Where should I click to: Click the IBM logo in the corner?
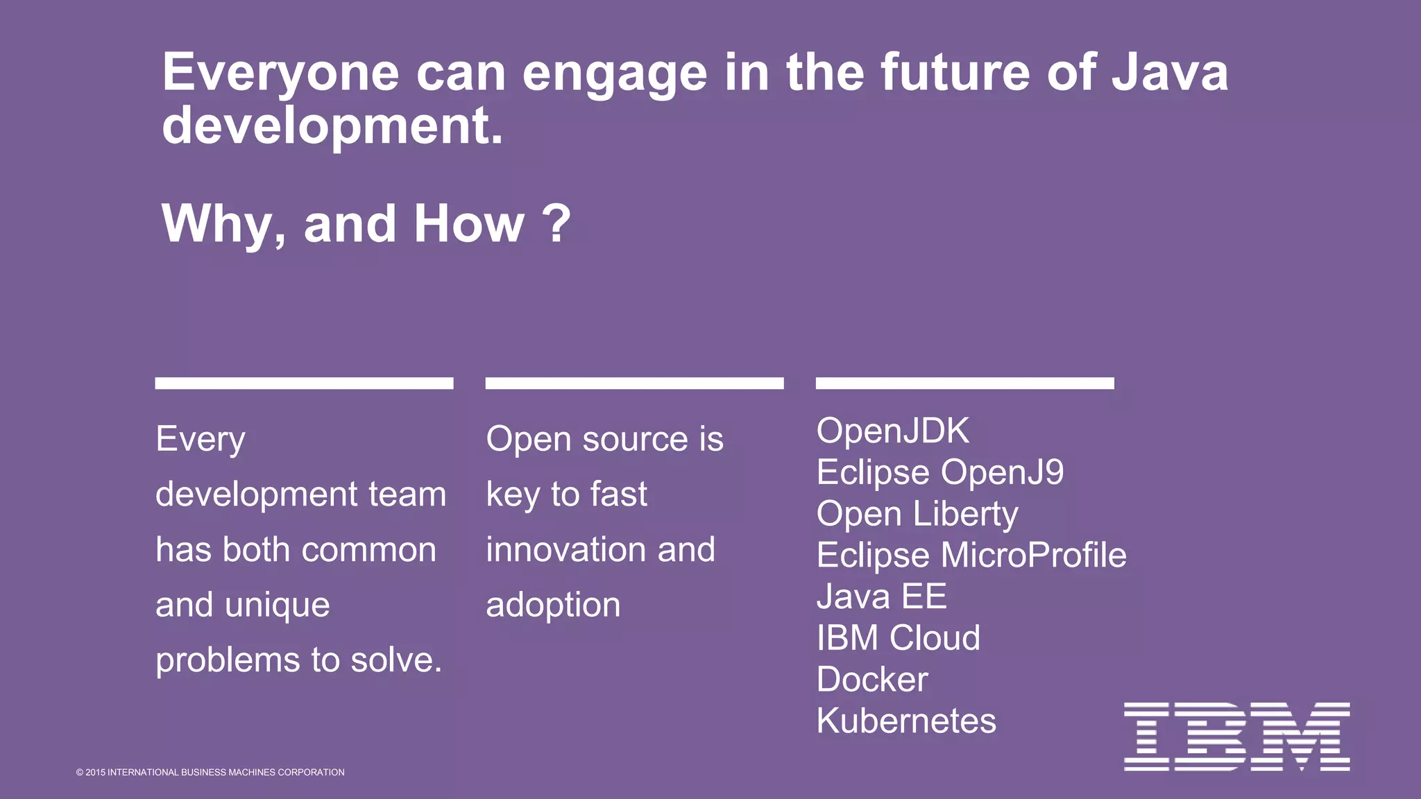click(x=1236, y=737)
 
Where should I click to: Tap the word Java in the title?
click(x=1170, y=72)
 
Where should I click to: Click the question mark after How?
click(x=556, y=223)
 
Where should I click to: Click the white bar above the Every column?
click(x=304, y=384)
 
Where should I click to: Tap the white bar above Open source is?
click(x=634, y=384)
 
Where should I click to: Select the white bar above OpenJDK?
click(x=964, y=384)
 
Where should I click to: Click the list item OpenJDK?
click(x=892, y=431)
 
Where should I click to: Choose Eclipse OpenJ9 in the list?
click(x=939, y=472)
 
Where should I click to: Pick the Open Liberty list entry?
click(x=917, y=514)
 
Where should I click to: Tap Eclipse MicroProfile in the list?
click(x=971, y=555)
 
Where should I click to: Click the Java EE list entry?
click(x=881, y=596)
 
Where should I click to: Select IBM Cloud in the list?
click(x=898, y=638)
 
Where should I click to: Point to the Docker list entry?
click(x=871, y=680)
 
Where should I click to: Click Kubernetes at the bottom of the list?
click(x=905, y=721)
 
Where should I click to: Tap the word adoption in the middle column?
click(x=553, y=605)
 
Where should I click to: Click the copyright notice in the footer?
click(x=210, y=773)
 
